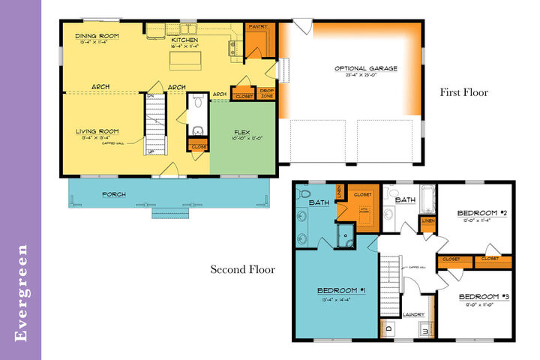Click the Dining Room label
coord(97,35)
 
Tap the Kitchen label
coord(183,40)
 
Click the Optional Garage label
coord(365,68)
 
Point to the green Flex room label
coord(242,131)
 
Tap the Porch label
coord(115,194)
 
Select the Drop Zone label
coord(266,94)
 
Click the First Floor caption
coord(463,93)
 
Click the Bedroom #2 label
coord(475,213)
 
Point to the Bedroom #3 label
coord(478,295)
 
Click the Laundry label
coord(414,314)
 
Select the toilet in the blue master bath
coord(305,195)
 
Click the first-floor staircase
coord(154,124)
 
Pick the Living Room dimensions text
coord(97,138)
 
